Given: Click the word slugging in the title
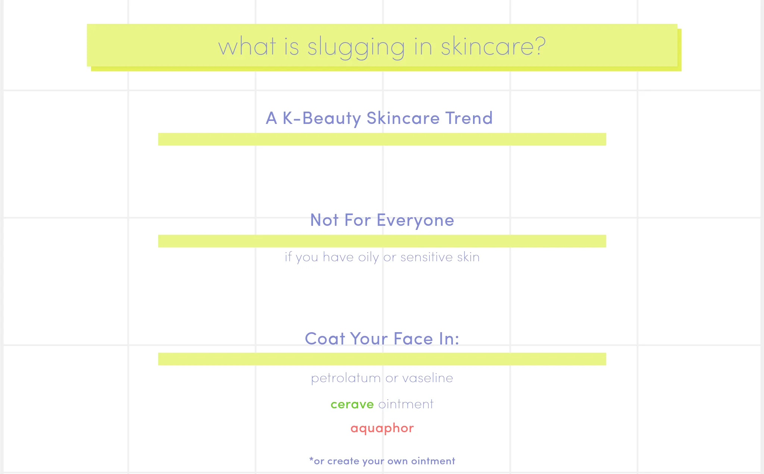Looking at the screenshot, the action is point(356,48).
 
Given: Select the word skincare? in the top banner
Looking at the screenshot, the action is point(493,46).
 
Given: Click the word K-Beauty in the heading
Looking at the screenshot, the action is point(322,119).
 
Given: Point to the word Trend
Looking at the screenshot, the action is point(469,118).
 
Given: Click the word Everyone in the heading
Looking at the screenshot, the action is point(415,221).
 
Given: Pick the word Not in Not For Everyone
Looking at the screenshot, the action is point(325,220).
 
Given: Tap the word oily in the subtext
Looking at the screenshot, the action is point(369,258).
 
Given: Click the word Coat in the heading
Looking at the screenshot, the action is point(325,339).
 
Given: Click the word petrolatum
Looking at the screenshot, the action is point(346,378).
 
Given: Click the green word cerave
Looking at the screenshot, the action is point(352,404).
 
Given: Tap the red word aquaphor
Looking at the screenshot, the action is point(382,428).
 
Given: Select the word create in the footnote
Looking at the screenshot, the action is point(343,461).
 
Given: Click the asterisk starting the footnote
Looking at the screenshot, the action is point(311,459).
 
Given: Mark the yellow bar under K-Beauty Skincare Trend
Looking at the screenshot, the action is point(382,139).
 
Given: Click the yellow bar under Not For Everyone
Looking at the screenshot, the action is point(382,241).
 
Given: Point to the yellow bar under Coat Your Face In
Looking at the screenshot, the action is point(382,359).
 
